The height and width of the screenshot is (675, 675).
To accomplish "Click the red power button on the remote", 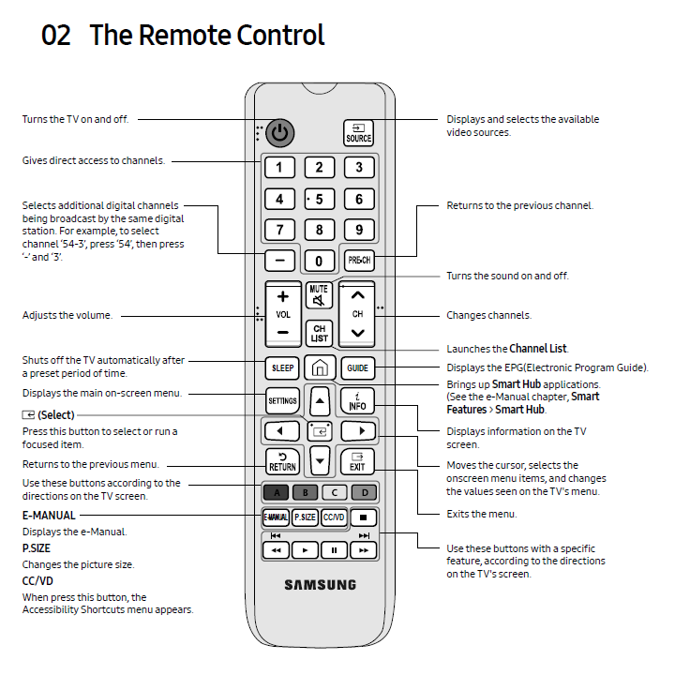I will tap(279, 133).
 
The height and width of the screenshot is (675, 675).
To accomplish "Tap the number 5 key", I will tap(320, 199).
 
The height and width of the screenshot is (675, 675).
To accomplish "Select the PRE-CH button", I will tap(358, 260).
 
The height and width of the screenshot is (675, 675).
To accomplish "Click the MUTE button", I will tap(319, 295).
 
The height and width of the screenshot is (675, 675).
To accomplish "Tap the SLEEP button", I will tap(282, 368).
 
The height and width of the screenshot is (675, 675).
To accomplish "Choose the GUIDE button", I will tap(357, 368).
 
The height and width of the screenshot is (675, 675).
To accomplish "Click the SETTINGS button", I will tap(282, 401).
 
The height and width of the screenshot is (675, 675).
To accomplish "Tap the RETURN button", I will tap(282, 461).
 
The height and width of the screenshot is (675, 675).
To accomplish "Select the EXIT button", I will tap(357, 461).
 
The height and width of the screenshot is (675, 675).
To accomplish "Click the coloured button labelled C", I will tap(334, 491).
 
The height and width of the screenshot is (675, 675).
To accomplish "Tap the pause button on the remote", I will tap(334, 549).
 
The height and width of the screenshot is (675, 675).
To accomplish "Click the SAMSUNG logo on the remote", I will tap(320, 585).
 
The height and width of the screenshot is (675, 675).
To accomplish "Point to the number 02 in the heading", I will tap(57, 36).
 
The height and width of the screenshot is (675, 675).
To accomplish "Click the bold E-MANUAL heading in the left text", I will tap(49, 515).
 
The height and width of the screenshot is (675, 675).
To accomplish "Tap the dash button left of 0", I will tap(279, 260).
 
